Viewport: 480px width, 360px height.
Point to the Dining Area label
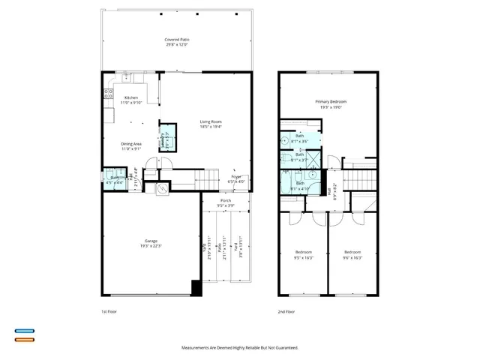[x=132, y=145]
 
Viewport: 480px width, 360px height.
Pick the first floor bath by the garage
[x=114, y=180]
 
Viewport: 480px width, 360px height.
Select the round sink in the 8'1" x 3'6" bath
[x=285, y=140]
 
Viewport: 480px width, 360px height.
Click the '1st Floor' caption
[x=109, y=310]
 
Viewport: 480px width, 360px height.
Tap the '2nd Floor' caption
[x=286, y=310]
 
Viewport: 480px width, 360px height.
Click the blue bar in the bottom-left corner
[x=24, y=331]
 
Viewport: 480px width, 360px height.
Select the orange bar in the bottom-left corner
[x=24, y=340]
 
